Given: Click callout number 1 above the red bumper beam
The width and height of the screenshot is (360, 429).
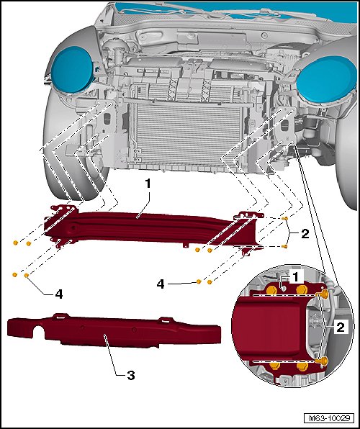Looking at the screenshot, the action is point(148,184).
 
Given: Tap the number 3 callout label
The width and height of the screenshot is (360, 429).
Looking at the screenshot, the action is point(131,375).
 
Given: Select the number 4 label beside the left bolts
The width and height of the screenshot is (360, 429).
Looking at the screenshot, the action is point(59,294).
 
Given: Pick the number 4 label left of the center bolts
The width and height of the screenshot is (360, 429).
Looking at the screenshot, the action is point(161,284).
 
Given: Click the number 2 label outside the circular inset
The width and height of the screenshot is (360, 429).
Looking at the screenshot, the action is point(305,234).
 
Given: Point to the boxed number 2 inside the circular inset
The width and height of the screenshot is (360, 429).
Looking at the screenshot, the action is point(341,327).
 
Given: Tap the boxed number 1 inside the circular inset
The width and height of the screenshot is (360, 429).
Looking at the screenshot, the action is point(295,277).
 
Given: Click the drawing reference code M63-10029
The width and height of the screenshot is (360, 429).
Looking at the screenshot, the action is point(329,418).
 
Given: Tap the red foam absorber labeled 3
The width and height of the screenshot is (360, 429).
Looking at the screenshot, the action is point(114,330).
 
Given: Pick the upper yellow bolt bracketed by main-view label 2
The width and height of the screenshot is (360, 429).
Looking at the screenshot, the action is point(284,218).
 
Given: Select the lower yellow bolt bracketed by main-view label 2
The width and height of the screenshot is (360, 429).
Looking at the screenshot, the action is point(284,246).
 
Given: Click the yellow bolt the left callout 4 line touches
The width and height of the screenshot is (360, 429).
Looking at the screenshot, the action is point(27,275).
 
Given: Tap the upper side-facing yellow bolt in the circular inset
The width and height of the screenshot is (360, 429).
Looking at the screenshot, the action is point(323,294).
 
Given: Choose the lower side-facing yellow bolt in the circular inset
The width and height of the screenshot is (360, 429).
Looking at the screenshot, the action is point(323,361).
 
